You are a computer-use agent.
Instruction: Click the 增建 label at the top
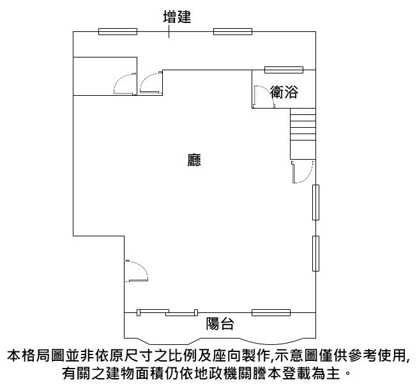169,16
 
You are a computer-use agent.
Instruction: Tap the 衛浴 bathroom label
284,93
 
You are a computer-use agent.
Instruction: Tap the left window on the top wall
118,31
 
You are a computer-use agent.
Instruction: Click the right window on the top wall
232,31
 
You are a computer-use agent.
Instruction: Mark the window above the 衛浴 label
284,70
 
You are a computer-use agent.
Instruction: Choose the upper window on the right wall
315,202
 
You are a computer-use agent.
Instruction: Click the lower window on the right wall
315,254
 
